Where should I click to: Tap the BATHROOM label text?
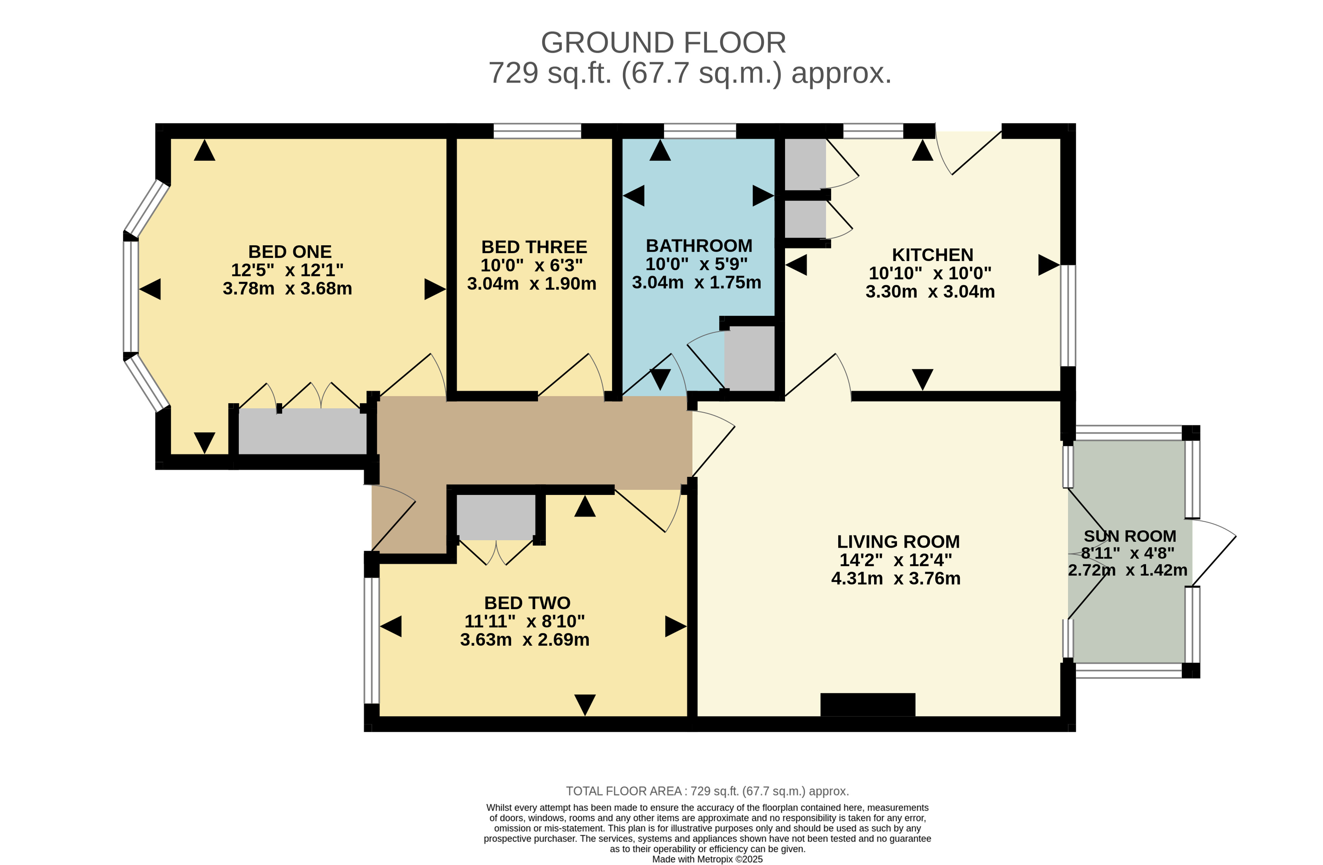pos(699,246)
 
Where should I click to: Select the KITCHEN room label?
pos(932,255)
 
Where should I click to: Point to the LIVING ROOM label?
pos(898,541)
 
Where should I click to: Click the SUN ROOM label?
pos(1129,536)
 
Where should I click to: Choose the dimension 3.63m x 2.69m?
pos(524,640)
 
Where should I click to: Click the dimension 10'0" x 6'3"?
pos(532,265)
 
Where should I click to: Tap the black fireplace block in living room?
pos(867,704)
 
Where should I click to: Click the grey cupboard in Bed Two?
pos(496,516)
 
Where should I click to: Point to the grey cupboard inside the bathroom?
pos(749,358)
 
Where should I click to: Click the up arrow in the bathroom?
pos(660,151)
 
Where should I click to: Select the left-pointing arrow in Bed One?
pos(150,289)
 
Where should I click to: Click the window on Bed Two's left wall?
pos(371,641)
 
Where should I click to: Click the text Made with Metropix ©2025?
pos(707,859)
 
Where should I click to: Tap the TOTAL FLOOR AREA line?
pos(707,791)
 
